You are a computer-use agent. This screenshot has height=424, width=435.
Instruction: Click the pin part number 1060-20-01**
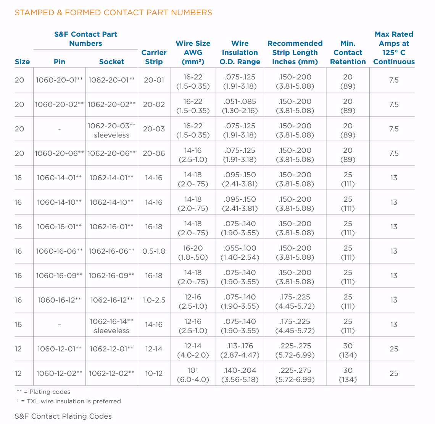click(x=60, y=80)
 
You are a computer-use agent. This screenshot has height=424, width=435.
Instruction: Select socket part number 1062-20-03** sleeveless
click(x=111, y=131)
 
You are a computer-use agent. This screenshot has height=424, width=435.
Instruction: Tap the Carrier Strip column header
click(x=154, y=57)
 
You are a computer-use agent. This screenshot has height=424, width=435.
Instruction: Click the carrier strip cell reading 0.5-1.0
click(x=154, y=251)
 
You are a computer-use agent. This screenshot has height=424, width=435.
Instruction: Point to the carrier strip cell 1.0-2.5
click(x=154, y=300)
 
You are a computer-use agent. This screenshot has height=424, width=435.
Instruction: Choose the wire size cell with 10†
click(x=193, y=375)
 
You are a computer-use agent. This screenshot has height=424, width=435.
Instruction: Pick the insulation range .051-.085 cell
click(x=240, y=106)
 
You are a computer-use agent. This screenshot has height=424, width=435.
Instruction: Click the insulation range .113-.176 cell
click(x=240, y=350)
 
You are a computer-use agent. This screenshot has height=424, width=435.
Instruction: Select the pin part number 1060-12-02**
click(x=60, y=373)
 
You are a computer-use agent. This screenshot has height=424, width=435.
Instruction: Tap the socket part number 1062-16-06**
click(x=111, y=251)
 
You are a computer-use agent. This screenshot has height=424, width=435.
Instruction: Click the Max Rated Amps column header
click(x=394, y=48)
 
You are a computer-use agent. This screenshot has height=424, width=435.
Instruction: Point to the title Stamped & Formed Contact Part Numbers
click(x=113, y=13)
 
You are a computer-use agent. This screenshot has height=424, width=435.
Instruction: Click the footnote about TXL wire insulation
click(x=69, y=401)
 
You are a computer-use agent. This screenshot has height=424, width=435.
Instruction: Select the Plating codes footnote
click(x=43, y=392)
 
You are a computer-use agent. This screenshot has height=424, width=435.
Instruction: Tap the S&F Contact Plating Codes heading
click(x=63, y=416)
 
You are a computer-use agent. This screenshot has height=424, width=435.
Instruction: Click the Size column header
click(x=22, y=61)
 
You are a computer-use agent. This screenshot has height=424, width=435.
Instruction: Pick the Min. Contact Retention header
click(x=348, y=52)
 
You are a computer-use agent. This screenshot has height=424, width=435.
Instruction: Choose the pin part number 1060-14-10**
click(x=60, y=202)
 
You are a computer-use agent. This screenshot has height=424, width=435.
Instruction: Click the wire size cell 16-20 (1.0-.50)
click(x=193, y=252)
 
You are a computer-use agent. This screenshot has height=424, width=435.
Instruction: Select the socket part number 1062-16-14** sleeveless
click(x=111, y=326)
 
